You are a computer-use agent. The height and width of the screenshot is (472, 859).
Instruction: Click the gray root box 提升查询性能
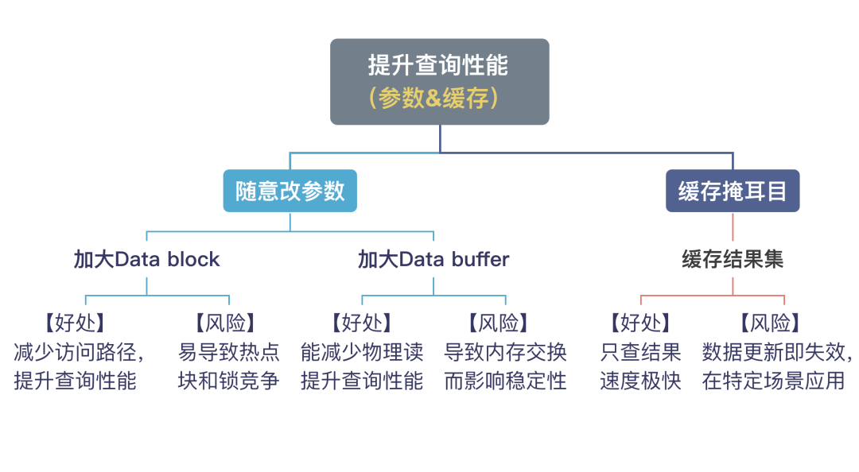(x=439, y=82)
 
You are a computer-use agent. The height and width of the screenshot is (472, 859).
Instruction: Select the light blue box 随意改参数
(x=290, y=191)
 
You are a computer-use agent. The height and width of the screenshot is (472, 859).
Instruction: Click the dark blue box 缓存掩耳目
(x=733, y=191)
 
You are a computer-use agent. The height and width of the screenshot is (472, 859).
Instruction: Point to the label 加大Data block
(x=147, y=259)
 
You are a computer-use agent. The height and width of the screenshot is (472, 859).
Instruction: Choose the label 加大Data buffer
(x=433, y=259)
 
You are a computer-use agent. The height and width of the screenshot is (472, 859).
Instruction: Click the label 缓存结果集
(x=733, y=259)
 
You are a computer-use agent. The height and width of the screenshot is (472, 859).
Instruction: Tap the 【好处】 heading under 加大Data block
(x=75, y=323)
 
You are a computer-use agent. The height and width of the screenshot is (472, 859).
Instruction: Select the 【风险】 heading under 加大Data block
(x=226, y=323)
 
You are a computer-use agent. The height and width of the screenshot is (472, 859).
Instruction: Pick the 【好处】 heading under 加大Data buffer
(x=362, y=323)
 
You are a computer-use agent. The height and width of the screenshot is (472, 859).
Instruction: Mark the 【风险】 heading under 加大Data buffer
(x=499, y=323)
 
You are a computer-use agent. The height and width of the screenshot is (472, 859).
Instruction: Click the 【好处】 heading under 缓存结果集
(x=640, y=323)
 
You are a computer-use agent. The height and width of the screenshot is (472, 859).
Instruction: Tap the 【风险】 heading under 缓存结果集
(x=770, y=323)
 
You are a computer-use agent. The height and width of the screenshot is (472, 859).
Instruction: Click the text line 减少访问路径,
(x=79, y=352)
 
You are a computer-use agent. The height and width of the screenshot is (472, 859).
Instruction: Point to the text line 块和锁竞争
(x=228, y=381)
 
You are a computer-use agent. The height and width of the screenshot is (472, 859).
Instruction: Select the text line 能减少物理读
(x=362, y=352)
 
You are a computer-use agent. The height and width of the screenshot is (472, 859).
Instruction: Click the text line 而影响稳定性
(x=505, y=381)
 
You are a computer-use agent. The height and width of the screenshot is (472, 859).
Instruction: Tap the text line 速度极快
(x=640, y=381)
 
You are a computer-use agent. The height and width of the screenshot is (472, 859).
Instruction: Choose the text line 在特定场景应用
(x=774, y=381)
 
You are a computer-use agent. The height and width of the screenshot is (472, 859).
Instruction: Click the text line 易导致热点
(x=228, y=352)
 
